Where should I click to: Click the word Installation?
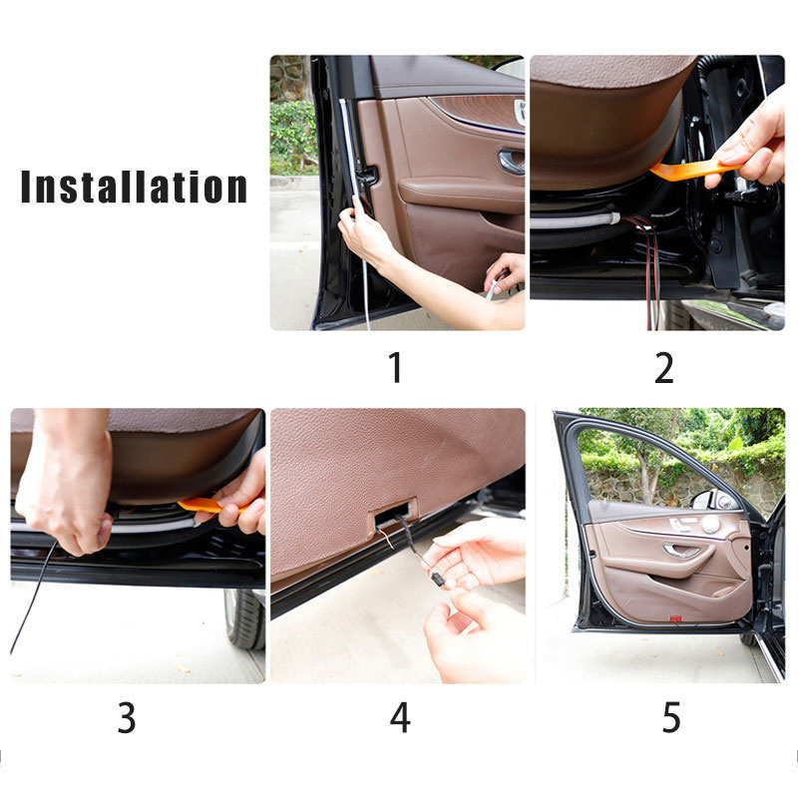(134, 187)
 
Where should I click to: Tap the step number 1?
(395, 367)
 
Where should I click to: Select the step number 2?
(663, 367)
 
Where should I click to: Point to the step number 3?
(127, 717)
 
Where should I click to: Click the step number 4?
(400, 717)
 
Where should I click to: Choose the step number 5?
(671, 717)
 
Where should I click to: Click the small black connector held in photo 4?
(437, 580)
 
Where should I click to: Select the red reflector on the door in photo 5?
(675, 618)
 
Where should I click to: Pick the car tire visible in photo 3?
(244, 618)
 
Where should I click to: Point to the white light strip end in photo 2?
(614, 218)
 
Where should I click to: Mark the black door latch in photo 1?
(367, 177)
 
